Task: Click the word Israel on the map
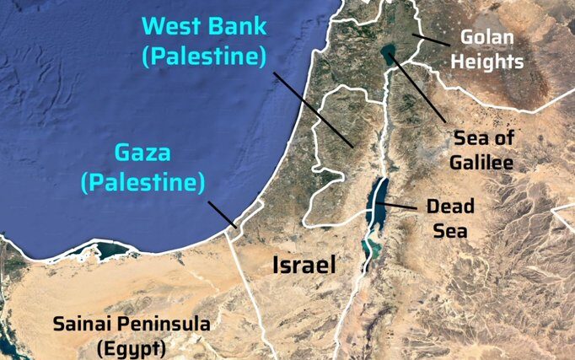tap(304, 265)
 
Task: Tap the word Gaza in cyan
tap(142, 153)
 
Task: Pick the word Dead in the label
tap(450, 206)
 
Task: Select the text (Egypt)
tap(131, 347)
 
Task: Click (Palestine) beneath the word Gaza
tap(142, 180)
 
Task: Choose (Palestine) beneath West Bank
tap(204, 56)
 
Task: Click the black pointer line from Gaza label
tap(222, 214)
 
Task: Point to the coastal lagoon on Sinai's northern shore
tap(107, 249)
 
